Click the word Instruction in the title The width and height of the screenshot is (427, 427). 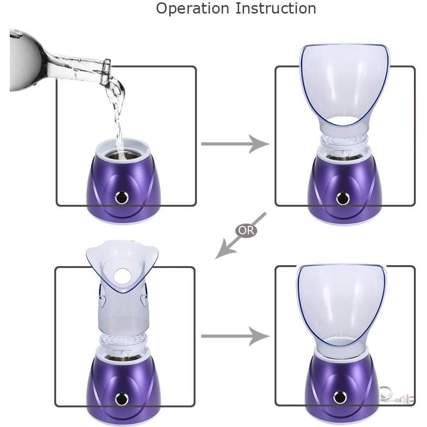[x=276, y=8]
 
